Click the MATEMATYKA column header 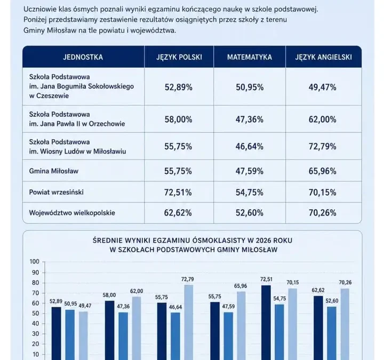(249, 57)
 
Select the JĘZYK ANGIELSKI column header (323, 57)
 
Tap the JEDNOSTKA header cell (83, 57)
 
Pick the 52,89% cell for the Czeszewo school (178, 87)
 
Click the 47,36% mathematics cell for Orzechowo (249, 119)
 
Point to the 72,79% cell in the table (322, 147)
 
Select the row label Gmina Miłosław (54, 171)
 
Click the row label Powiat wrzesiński (57, 192)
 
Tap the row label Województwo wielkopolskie (72, 213)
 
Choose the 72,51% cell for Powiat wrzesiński (178, 193)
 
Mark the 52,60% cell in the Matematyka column (249, 213)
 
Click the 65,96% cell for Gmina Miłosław (322, 171)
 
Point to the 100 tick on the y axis (35, 261)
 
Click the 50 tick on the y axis (36, 314)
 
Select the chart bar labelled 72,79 (189, 322)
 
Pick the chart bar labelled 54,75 (279, 332)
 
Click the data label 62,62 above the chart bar (318, 290)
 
